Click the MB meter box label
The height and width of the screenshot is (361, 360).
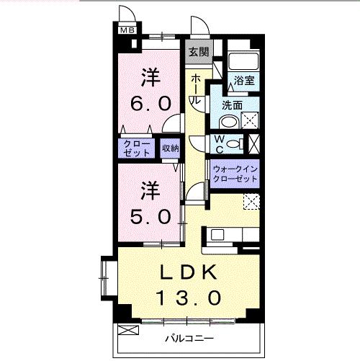pos(127,30)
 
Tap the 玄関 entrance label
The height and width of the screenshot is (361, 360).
pos(198,51)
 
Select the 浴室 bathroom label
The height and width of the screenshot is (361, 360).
pos(244,81)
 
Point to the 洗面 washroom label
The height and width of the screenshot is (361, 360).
pos(232,105)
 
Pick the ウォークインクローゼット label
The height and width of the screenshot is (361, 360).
pos(235,173)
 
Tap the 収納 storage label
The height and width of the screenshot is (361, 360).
pos(170,148)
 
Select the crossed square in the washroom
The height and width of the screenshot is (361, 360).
pos(251,120)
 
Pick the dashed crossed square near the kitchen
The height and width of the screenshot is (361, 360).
pos(251,202)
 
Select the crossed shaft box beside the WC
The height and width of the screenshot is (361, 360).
pos(252,143)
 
